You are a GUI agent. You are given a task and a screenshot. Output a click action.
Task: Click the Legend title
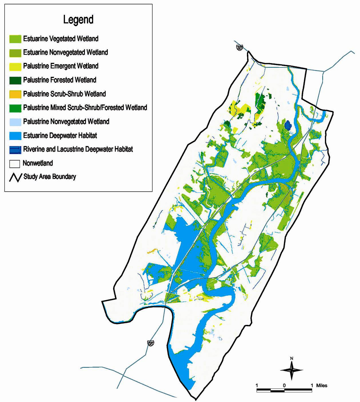[x=78, y=20]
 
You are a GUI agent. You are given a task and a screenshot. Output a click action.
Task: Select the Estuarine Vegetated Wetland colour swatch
[x=15, y=39]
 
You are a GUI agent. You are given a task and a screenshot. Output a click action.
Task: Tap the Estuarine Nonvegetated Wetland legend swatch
[x=15, y=53]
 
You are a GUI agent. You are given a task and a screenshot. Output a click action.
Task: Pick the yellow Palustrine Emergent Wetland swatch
[x=15, y=67]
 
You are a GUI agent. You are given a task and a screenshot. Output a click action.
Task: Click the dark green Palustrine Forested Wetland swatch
[x=15, y=80]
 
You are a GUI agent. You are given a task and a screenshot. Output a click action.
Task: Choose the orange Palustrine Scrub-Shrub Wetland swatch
[x=15, y=94]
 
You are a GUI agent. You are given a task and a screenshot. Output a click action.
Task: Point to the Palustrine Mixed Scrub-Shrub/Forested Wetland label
[x=85, y=108]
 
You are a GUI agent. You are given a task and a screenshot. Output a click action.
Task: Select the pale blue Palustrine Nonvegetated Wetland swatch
[x=15, y=122]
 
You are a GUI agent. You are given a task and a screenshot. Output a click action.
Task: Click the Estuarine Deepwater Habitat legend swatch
[x=15, y=136]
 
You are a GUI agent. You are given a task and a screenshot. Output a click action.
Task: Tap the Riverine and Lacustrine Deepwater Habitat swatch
[x=15, y=150]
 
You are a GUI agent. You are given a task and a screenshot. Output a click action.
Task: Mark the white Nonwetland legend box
[x=15, y=164]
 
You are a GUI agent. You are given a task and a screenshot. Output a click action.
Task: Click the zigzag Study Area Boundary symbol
[x=15, y=177]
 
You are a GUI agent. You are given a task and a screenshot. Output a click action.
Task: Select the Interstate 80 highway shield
[x=240, y=48]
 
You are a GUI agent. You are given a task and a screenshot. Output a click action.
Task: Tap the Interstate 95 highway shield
[x=151, y=343]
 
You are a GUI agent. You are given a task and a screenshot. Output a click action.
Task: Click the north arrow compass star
[x=291, y=370]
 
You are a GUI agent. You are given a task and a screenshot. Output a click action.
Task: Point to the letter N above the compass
[x=291, y=358]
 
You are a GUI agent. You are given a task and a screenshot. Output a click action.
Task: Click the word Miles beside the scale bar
[x=322, y=385]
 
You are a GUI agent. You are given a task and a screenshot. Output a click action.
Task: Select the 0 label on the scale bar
[x=284, y=385]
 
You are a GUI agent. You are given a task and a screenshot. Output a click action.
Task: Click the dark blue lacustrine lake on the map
[x=288, y=125]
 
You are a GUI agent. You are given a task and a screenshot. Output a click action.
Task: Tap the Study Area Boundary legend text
[x=50, y=177]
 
